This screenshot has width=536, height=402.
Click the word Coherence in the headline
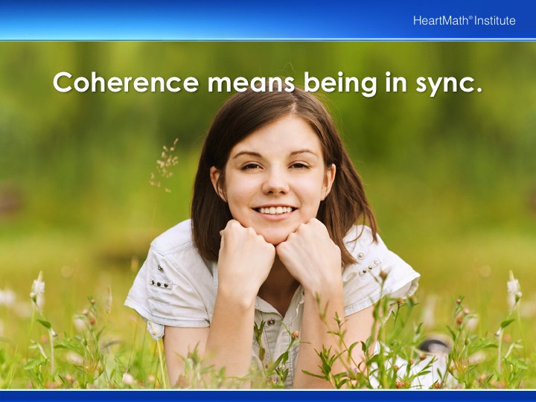point(126,82)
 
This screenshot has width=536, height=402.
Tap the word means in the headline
point(252,83)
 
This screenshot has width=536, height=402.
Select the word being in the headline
point(340,83)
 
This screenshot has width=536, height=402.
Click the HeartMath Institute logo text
point(465,21)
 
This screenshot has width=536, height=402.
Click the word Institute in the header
point(494,21)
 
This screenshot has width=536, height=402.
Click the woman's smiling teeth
point(275,209)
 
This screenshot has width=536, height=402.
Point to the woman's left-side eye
point(252,167)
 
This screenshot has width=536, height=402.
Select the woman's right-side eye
point(299,166)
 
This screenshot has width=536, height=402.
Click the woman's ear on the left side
point(218,183)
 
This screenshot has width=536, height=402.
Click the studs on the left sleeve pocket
point(160,284)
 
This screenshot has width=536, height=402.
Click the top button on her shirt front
point(271,322)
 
